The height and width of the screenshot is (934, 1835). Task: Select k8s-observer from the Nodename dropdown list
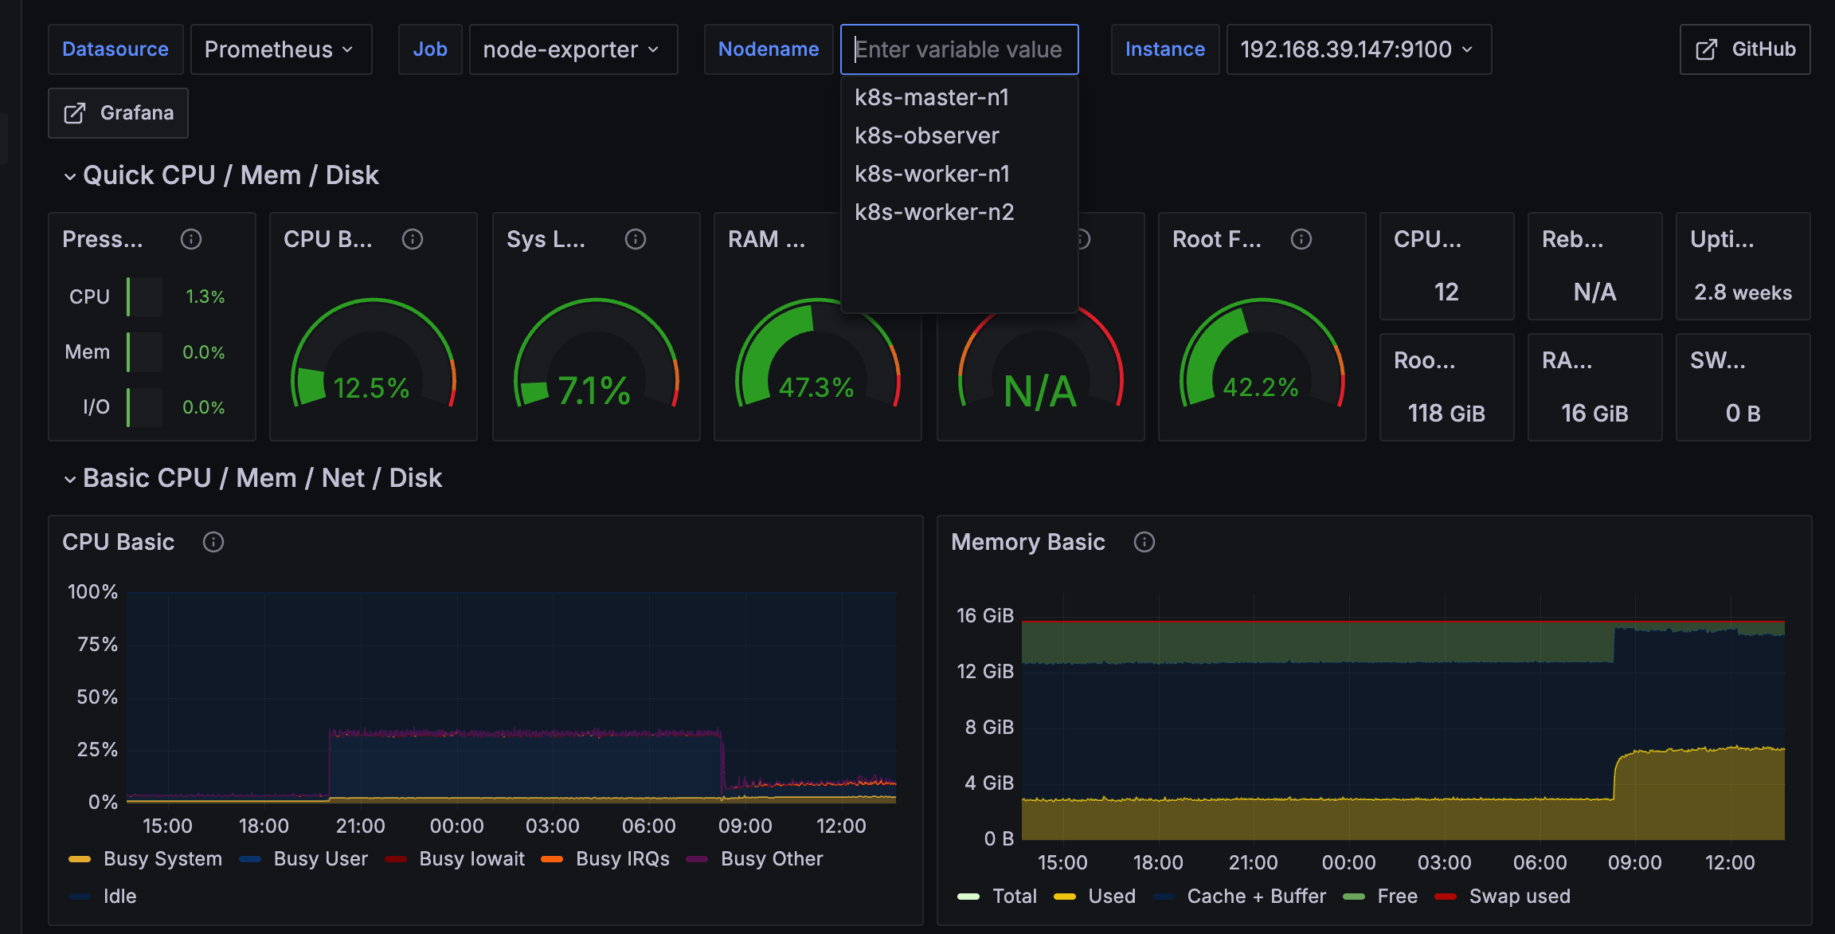(x=926, y=135)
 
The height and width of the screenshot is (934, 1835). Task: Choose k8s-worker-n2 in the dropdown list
(x=934, y=212)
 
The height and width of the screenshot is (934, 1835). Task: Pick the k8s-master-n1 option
(x=932, y=97)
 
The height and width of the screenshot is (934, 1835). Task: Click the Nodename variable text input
(x=959, y=49)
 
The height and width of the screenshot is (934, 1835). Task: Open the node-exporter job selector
(x=573, y=49)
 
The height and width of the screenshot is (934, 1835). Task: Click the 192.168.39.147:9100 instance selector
(x=1358, y=49)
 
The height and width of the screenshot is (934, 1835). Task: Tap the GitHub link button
(x=1744, y=49)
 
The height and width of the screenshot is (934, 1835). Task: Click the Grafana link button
(x=118, y=113)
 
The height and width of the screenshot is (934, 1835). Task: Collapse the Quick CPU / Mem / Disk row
(x=70, y=176)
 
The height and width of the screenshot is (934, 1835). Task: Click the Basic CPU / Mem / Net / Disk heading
(x=262, y=478)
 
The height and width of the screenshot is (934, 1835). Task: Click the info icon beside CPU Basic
(x=213, y=542)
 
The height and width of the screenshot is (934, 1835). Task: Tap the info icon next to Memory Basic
(x=1144, y=542)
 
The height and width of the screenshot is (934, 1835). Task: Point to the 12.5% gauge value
(x=371, y=388)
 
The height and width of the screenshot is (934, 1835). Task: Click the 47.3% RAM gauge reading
(x=816, y=388)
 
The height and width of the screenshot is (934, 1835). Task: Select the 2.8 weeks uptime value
(x=1743, y=292)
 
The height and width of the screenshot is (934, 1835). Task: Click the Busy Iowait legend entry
(x=471, y=858)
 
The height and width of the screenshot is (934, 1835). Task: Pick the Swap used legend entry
(x=1519, y=896)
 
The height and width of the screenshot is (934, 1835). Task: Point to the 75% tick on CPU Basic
(x=97, y=644)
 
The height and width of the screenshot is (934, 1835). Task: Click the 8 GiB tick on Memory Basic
(x=989, y=727)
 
